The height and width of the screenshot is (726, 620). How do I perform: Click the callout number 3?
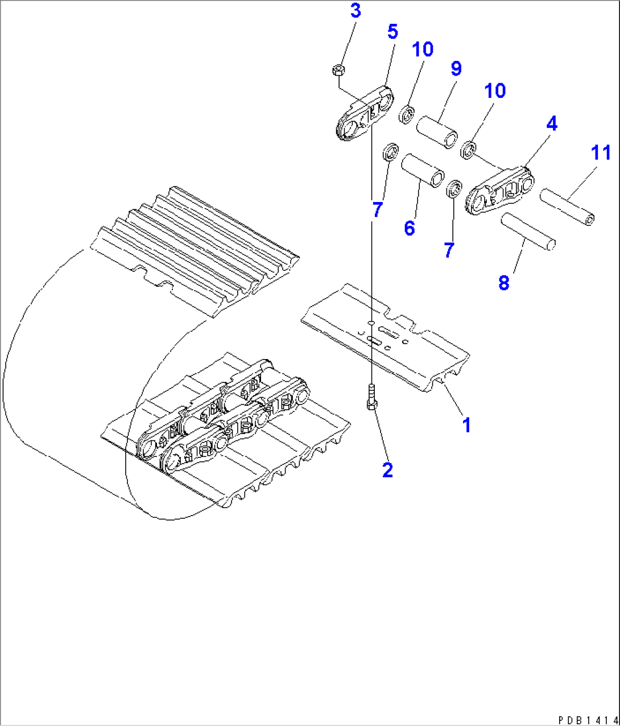[x=356, y=11]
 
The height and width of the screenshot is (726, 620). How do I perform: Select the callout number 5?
[x=392, y=32]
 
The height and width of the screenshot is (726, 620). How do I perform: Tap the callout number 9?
[x=456, y=69]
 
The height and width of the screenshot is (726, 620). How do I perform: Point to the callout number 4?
[x=551, y=124]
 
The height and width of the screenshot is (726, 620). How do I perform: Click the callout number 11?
[x=600, y=153]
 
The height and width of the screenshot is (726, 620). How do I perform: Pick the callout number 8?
[x=504, y=282]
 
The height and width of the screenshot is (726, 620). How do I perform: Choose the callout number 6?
[x=410, y=229]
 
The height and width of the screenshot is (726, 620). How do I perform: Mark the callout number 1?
[x=466, y=424]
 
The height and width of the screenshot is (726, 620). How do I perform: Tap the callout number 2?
[x=387, y=470]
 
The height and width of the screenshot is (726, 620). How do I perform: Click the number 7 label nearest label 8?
[x=449, y=250]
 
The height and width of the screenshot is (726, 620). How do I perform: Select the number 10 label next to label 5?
[x=423, y=49]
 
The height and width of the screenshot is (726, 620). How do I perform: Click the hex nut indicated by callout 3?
[x=337, y=70]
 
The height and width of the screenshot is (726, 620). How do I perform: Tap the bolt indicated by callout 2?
[x=371, y=397]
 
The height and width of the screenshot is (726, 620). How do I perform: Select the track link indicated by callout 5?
[x=364, y=113]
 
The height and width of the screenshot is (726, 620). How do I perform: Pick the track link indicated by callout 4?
[x=499, y=191]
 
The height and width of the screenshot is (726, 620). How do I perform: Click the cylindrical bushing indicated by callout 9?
[x=437, y=132]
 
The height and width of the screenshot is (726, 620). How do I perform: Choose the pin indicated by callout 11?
[x=567, y=206]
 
